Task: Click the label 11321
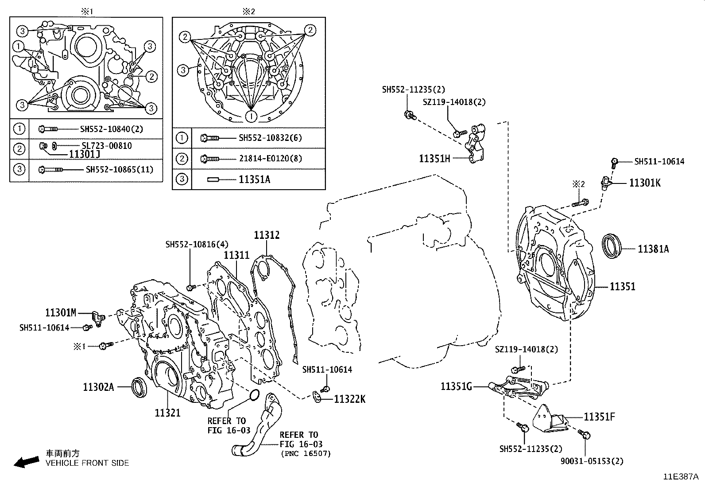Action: click(x=167, y=413)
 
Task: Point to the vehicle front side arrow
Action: click(x=26, y=462)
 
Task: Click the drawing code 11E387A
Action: click(x=681, y=477)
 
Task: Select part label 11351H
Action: click(x=434, y=158)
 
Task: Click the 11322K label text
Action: click(x=349, y=399)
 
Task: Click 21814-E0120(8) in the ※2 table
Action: click(x=270, y=158)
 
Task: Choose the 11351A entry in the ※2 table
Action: click(x=254, y=179)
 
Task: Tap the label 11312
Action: click(x=267, y=235)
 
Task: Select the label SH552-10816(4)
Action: click(x=197, y=244)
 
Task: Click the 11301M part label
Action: click(x=61, y=313)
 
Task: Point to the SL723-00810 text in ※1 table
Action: click(x=107, y=145)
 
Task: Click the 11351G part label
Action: click(x=456, y=386)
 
